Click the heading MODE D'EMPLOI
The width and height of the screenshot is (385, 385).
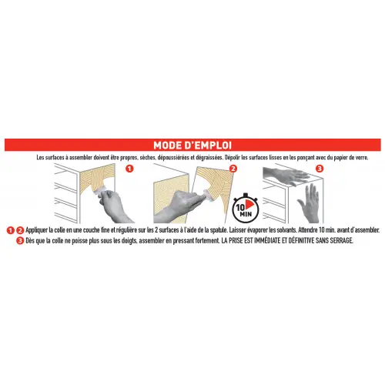192,146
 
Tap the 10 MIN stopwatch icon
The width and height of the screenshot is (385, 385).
246,209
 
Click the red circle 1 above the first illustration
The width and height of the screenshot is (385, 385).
130,169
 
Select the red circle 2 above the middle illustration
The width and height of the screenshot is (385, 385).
233,169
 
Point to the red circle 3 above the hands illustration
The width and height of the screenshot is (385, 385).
320,169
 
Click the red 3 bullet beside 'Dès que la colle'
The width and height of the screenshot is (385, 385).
20,241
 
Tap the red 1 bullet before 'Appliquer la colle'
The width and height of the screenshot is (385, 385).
10,230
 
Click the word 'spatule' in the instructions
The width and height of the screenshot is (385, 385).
218,230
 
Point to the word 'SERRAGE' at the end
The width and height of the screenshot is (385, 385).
342,240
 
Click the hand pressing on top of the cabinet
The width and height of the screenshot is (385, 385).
286,175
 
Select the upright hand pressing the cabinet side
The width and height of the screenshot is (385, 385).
310,203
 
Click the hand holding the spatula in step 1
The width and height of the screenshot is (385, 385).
114,206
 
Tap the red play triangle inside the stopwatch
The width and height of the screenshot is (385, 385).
249,205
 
